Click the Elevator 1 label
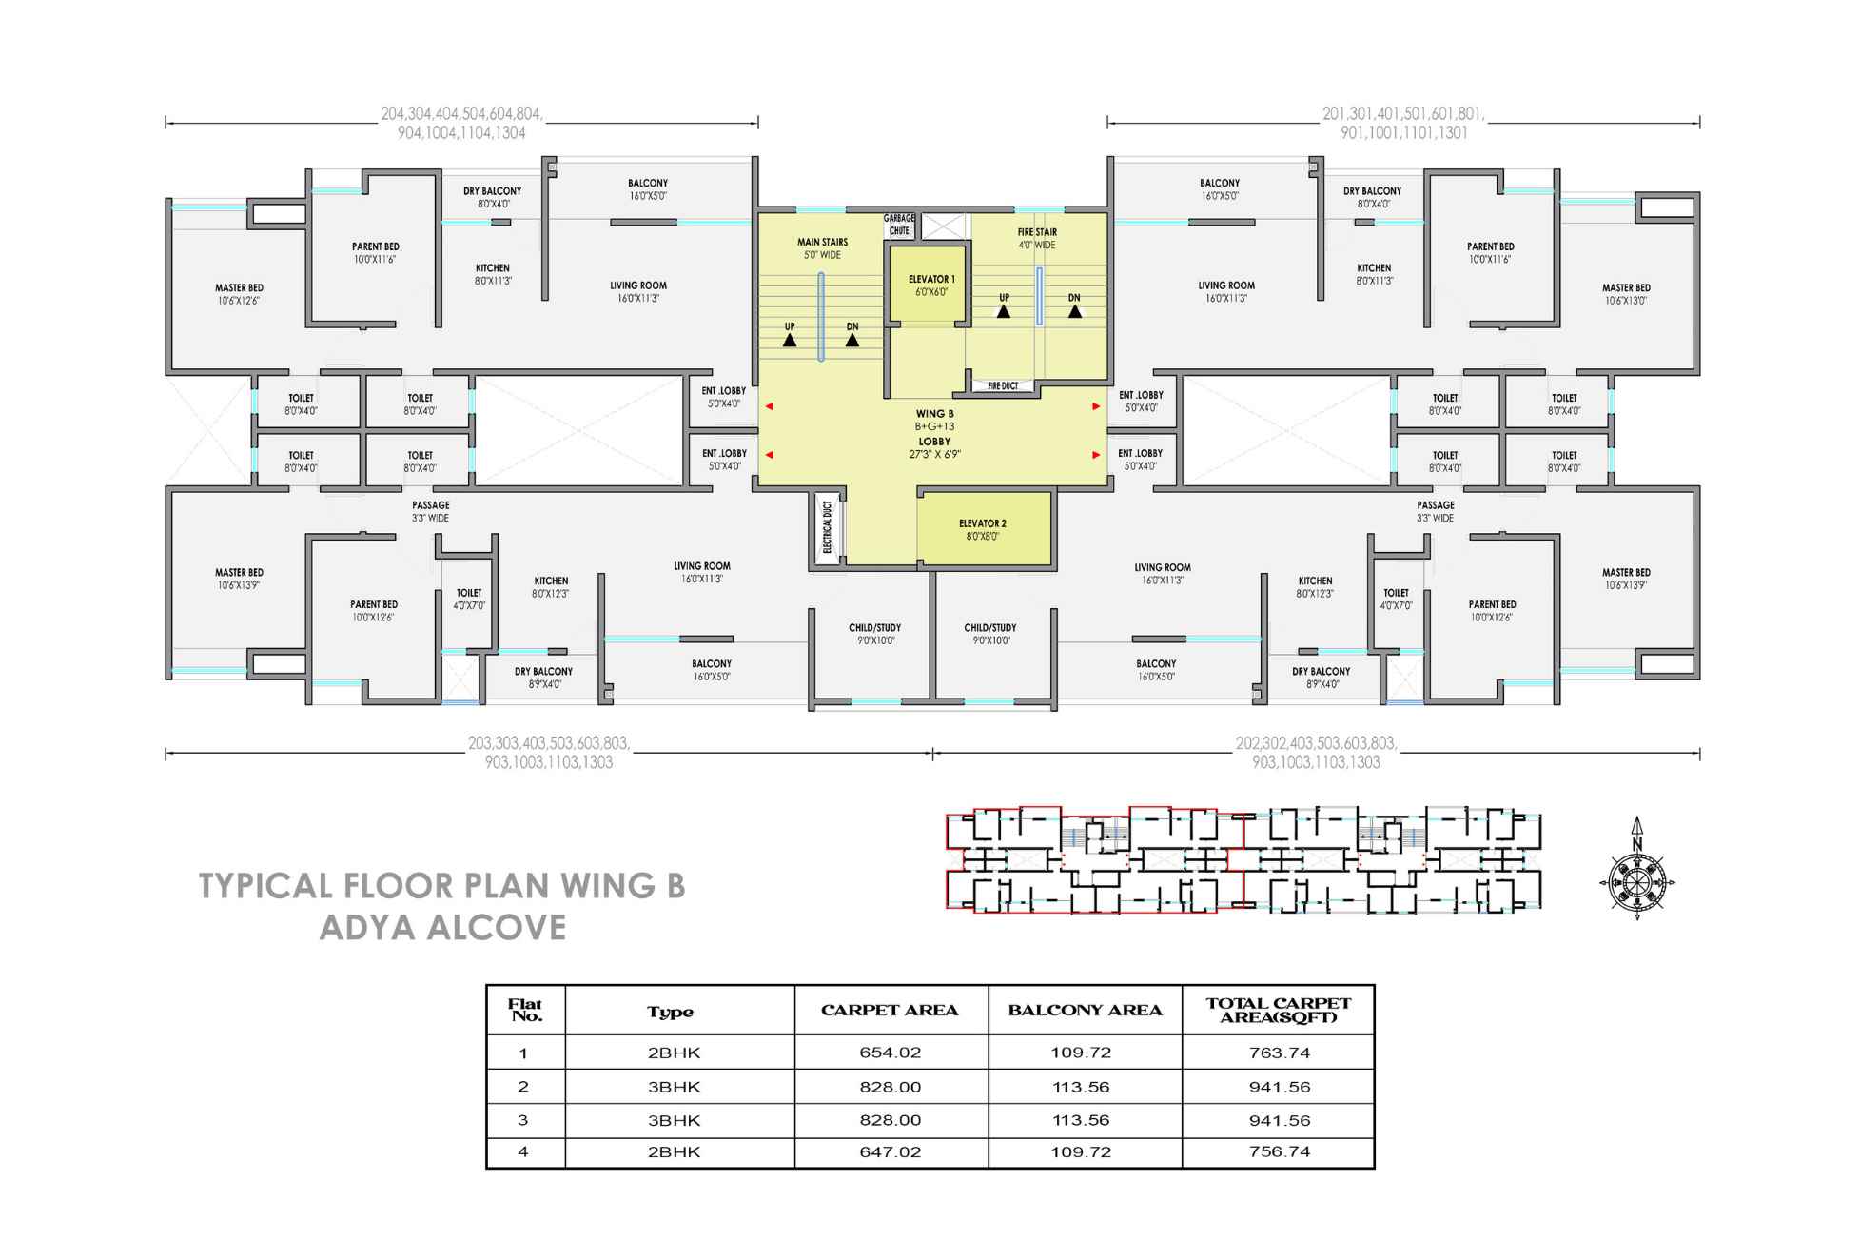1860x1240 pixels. tap(930, 285)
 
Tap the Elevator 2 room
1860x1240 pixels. tap(984, 529)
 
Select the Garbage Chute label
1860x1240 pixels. tap(899, 225)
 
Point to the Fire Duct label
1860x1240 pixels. tap(1003, 386)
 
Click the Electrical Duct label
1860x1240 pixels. tap(827, 527)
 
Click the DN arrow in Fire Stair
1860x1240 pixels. tap(1074, 310)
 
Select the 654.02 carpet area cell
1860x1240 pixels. tap(890, 1053)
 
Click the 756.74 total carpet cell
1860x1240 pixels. tap(1279, 1151)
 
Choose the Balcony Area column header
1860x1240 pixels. tap(1085, 1011)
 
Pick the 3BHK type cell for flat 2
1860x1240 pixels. tap(674, 1087)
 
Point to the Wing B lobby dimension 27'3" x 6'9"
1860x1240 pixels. tap(934, 455)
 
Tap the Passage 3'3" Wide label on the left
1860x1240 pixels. tap(431, 512)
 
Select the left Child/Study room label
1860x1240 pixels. tap(874, 634)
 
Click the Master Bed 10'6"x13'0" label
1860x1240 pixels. tap(1626, 294)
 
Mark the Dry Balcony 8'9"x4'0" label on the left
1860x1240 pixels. tap(543, 678)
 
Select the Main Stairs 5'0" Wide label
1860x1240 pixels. tap(822, 248)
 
